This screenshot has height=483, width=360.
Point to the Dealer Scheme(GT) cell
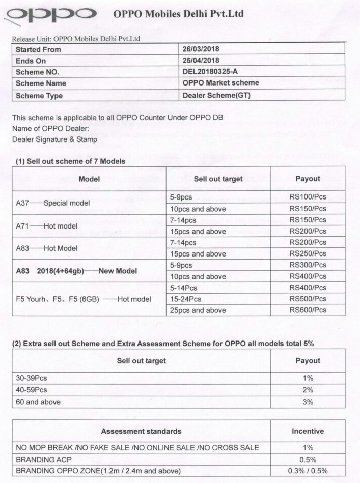216,95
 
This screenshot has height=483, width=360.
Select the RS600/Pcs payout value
308,310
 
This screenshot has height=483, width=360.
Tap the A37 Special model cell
45,203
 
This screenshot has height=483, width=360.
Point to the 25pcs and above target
198,310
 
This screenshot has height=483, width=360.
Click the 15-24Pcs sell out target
185,299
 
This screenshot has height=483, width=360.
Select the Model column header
89,179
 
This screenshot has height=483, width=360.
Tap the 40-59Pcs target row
32,390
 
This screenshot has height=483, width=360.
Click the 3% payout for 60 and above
308,402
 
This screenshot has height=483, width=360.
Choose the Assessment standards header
141,431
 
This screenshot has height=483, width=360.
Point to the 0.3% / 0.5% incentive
308,471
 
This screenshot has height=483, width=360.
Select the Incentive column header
308,431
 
